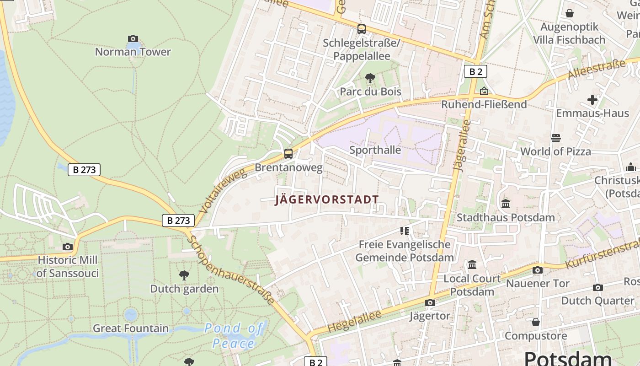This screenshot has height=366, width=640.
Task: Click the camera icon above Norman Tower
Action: pyautogui.click(x=133, y=38)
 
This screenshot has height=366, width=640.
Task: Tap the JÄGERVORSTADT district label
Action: pyautogui.click(x=327, y=199)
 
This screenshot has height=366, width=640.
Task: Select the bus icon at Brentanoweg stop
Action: pyautogui.click(x=288, y=154)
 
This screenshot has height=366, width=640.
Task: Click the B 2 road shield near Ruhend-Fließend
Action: pyautogui.click(x=475, y=71)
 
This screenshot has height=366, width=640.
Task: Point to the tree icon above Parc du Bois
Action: pyautogui.click(x=370, y=78)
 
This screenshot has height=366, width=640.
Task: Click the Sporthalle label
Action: pyautogui.click(x=375, y=150)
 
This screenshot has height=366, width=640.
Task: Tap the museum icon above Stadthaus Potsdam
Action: pyautogui.click(x=506, y=204)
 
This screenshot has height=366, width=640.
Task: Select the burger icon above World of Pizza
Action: pyautogui.click(x=556, y=138)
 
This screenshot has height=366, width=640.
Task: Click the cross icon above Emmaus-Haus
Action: pyautogui.click(x=592, y=99)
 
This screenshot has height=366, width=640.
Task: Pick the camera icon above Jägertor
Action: pyautogui.click(x=430, y=302)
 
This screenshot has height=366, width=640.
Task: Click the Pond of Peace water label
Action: pyautogui.click(x=233, y=336)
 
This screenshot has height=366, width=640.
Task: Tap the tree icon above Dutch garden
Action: pyautogui.click(x=184, y=275)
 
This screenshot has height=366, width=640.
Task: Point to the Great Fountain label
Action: pyautogui.click(x=131, y=328)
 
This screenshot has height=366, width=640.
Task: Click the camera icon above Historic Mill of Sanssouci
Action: pyautogui.click(x=68, y=247)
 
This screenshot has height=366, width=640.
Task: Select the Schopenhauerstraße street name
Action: pyautogui.click(x=232, y=270)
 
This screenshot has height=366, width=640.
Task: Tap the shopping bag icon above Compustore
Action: pyautogui.click(x=536, y=323)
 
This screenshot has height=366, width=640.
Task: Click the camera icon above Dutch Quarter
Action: pyautogui.click(x=597, y=287)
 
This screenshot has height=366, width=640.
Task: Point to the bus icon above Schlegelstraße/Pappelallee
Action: pyautogui.click(x=362, y=29)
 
